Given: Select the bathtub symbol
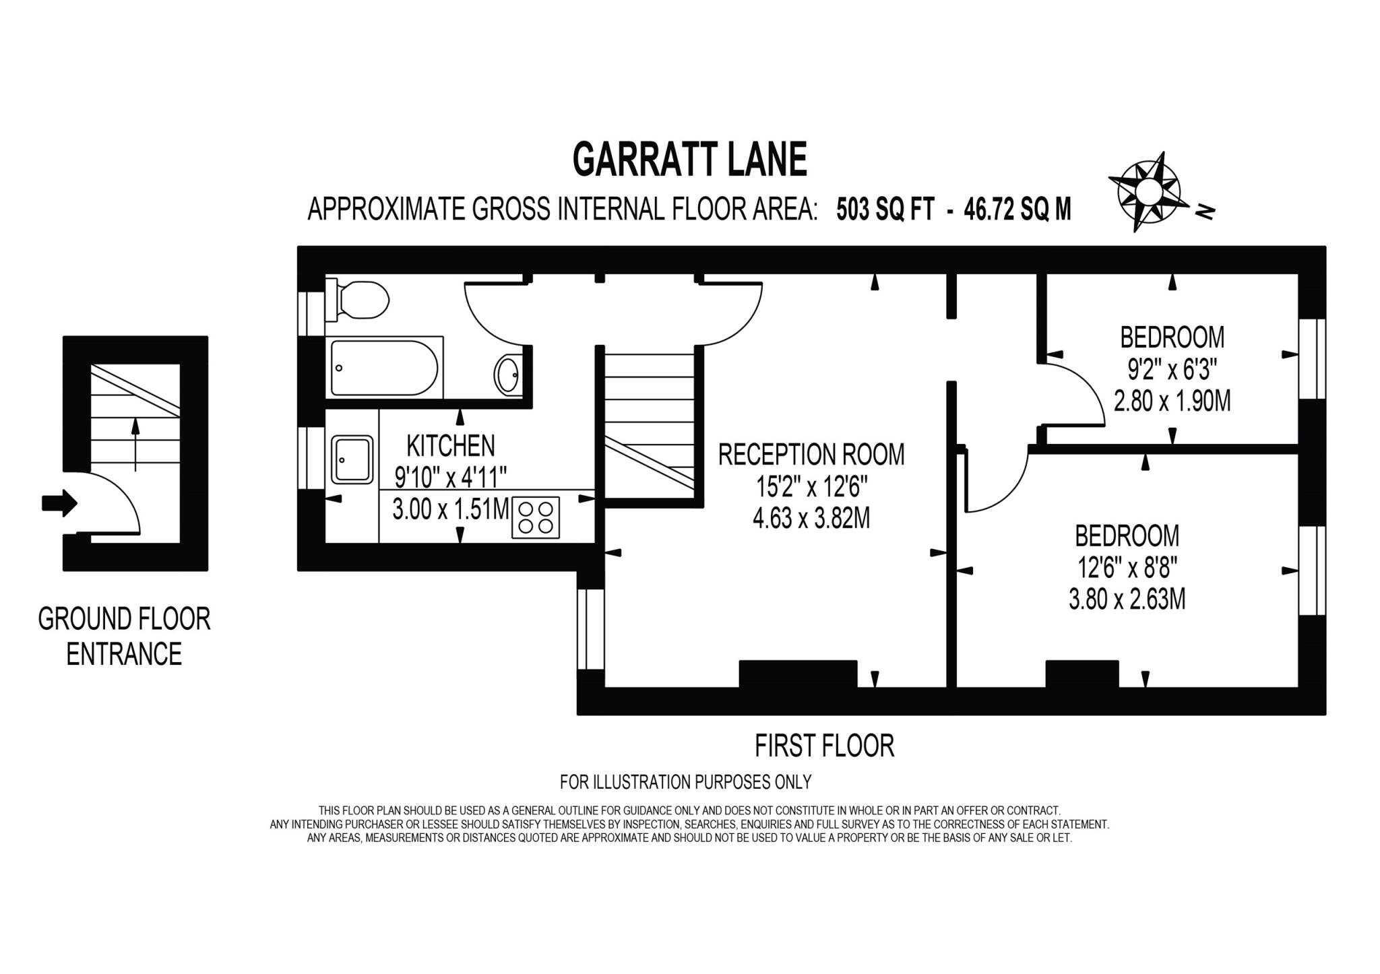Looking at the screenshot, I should [x=385, y=368].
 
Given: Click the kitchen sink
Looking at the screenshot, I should [x=352, y=460].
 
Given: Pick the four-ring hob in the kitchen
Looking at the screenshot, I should [x=536, y=517].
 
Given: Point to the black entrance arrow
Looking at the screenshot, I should [x=59, y=503].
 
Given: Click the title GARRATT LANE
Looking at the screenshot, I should [x=689, y=160].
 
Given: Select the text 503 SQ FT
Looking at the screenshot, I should [x=885, y=209].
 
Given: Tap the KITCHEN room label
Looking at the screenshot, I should [x=450, y=445].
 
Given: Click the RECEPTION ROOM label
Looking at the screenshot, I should [x=811, y=455].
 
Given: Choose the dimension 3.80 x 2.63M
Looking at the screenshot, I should [x=1127, y=599].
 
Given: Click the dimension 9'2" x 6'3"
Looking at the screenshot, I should [x=1172, y=368].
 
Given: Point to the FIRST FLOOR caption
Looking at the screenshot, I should [x=823, y=746].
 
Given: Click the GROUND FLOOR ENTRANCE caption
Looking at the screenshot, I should [x=124, y=636].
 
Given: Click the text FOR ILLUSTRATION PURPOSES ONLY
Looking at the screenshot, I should [x=685, y=782].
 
